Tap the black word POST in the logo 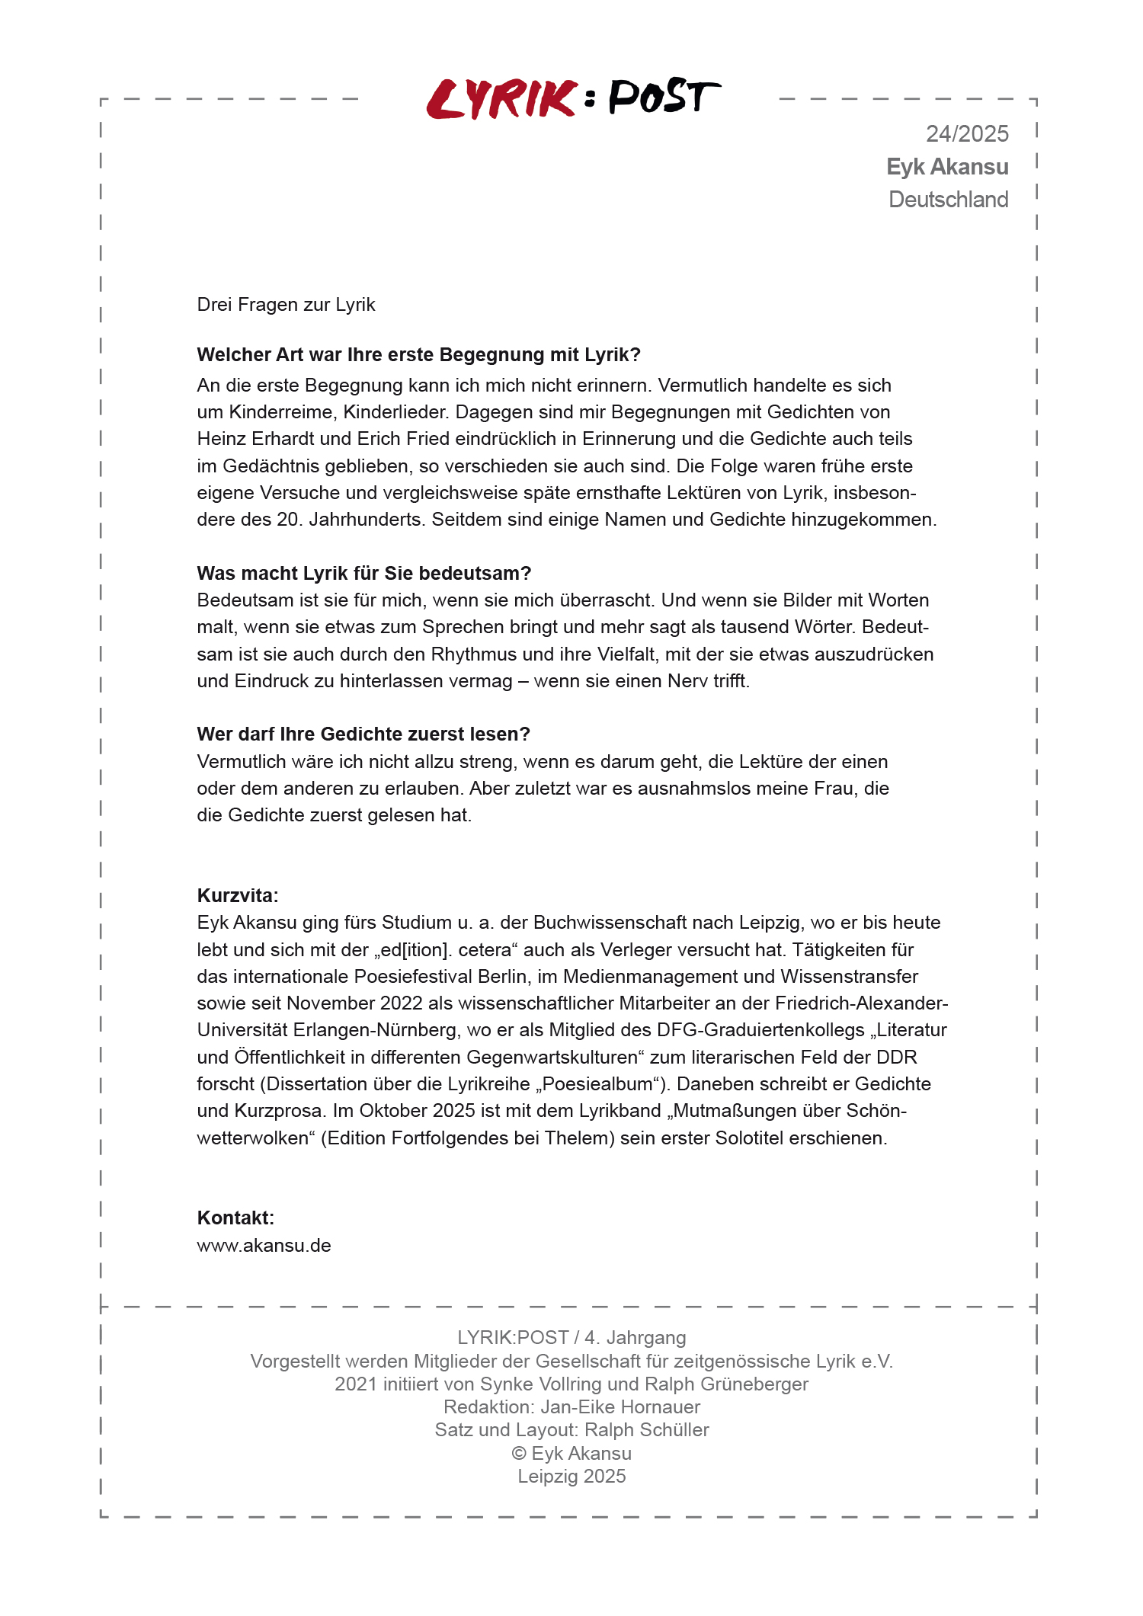coord(663,97)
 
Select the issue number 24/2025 coord(967,134)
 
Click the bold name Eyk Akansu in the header coord(947,167)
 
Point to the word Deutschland coord(948,200)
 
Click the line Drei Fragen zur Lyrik coord(286,305)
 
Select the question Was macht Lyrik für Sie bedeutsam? coord(363,573)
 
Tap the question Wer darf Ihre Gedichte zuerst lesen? coord(363,734)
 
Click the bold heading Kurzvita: coord(238,895)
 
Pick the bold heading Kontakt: coord(235,1218)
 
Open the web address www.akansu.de coord(264,1245)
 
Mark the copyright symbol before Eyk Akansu coord(519,1453)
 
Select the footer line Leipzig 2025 coord(571,1476)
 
